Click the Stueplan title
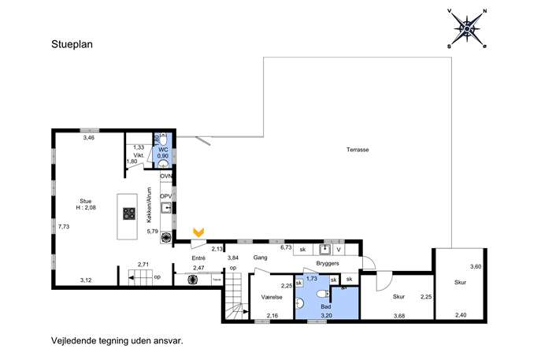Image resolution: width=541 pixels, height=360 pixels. click(x=72, y=45)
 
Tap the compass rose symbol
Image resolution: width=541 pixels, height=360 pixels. click(x=467, y=28)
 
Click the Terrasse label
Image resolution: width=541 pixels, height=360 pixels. click(x=358, y=150)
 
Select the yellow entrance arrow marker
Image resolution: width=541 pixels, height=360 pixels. click(x=198, y=232)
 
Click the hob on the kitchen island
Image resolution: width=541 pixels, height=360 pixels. click(x=129, y=213)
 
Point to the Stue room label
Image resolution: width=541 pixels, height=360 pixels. click(x=86, y=201)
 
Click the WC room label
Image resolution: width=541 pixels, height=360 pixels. click(x=163, y=150)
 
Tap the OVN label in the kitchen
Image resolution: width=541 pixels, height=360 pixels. click(x=166, y=176)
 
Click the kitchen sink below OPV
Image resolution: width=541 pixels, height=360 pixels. click(x=166, y=208)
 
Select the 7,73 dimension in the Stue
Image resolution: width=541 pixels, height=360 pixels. click(x=64, y=227)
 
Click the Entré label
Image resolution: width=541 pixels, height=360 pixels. click(x=198, y=258)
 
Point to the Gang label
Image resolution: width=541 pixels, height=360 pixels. click(x=260, y=258)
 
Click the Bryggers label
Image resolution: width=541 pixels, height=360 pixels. click(x=328, y=263)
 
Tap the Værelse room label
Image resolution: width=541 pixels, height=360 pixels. click(x=272, y=297)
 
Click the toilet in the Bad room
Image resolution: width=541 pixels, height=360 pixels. click(x=322, y=294)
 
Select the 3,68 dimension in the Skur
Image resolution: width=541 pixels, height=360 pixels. click(x=399, y=315)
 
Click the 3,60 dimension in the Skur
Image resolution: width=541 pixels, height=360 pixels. click(x=476, y=266)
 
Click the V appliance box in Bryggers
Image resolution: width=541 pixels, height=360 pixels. click(x=339, y=250)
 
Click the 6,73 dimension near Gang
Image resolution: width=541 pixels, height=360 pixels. click(x=286, y=247)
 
